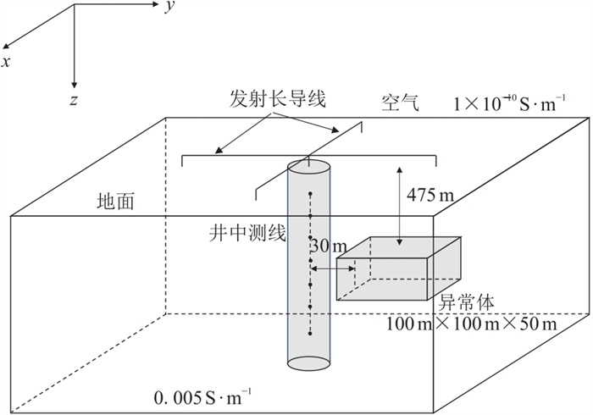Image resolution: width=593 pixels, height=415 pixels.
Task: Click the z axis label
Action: [75, 99]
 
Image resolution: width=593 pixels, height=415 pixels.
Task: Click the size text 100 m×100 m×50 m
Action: [472, 324]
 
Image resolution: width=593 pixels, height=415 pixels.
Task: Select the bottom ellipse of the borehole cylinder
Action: [311, 362]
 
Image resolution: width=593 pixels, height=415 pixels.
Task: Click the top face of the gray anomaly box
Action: [397, 251]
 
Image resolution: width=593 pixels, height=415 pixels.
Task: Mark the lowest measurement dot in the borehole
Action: [311, 335]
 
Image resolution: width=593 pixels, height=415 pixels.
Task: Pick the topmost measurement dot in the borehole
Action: [311, 195]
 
